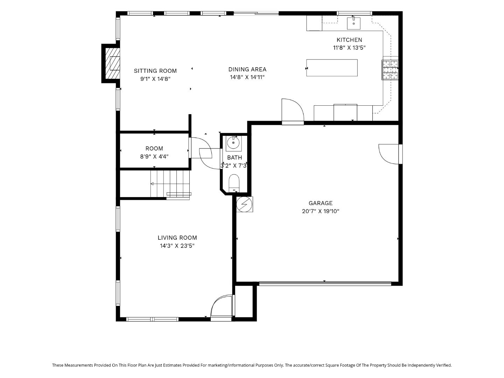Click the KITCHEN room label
coord(349,40)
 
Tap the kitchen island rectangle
coord(332,68)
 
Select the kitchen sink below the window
coord(353,23)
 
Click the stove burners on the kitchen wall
coord(390,70)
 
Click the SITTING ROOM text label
coord(155,71)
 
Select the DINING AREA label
coord(247,69)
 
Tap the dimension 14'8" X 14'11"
coord(247,77)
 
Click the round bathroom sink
coord(233,143)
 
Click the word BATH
coord(234,157)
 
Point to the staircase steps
coord(170,184)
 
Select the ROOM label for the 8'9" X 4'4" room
coord(154,148)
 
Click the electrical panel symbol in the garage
coord(244,204)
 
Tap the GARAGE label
coord(321,203)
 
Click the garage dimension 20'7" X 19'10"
coord(321,211)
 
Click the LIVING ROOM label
coord(177,238)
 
